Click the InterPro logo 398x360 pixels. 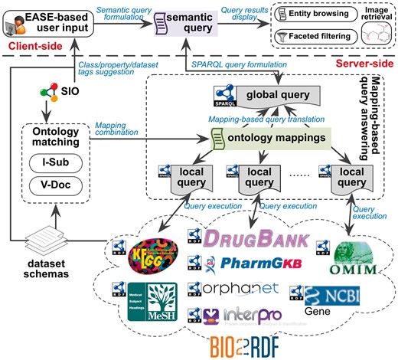pyautogui.click(x=242, y=315)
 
